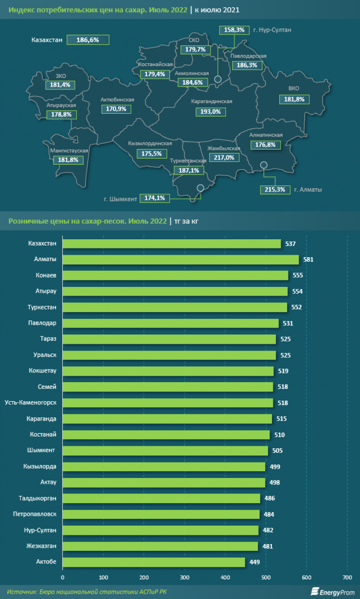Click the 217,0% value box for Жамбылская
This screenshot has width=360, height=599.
click(x=224, y=158)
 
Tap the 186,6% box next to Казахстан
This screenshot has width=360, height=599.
click(x=88, y=40)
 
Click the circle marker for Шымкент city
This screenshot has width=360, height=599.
click(x=200, y=188)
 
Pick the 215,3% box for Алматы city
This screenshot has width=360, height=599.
click(x=275, y=190)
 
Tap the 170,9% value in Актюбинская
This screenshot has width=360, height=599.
click(x=116, y=109)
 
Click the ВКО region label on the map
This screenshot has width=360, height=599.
click(x=293, y=88)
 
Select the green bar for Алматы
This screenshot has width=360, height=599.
click(x=180, y=260)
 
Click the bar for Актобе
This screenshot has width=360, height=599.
click(x=154, y=562)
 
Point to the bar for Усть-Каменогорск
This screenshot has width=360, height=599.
click(x=168, y=403)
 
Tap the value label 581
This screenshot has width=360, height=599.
click(x=308, y=260)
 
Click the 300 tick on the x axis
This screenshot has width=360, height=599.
click(x=184, y=578)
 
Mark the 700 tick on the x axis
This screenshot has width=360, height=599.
click(x=347, y=578)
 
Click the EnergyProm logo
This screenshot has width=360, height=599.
click(x=333, y=592)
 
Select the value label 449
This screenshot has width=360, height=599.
click(x=255, y=563)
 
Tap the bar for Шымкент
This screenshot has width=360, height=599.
click(x=165, y=451)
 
